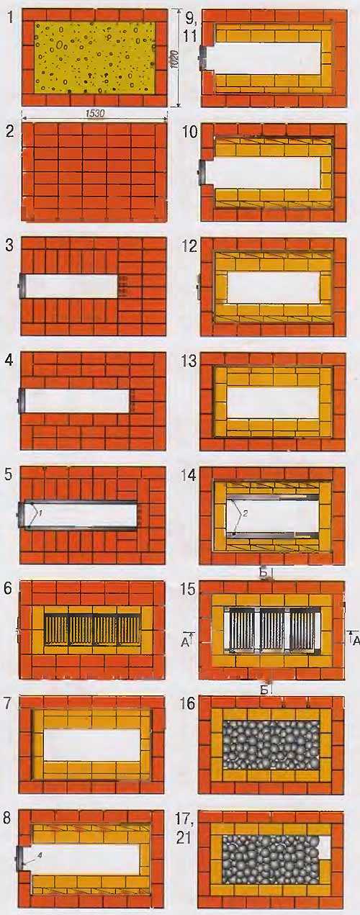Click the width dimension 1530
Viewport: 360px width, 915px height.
95,114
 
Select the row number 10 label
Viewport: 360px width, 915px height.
191,132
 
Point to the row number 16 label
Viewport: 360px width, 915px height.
189,704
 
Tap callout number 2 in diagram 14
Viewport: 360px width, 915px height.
245,514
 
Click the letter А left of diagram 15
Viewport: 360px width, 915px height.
185,643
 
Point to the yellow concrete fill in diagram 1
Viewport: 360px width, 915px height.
95,58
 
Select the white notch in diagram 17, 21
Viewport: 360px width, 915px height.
325,847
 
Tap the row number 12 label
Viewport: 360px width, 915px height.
190,246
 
